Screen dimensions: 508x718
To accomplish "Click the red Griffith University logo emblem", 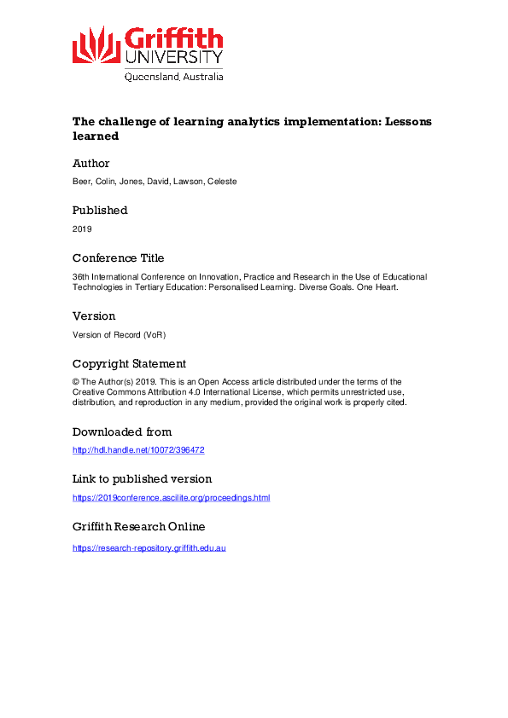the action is pos(95,44).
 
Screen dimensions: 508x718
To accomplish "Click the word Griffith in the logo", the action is pos(173,39).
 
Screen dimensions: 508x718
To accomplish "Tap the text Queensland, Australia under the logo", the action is pos(173,76).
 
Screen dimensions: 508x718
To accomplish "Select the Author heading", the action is pos(91,163).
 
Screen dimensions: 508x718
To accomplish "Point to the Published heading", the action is pos(100,210).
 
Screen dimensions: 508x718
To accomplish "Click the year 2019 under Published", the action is pos(82,229).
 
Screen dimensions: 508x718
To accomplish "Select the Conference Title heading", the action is pos(118,258).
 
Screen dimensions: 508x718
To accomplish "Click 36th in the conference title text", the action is pos(82,277).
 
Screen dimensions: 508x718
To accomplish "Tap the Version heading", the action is pos(93,316).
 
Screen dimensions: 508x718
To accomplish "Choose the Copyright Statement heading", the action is pos(129,363).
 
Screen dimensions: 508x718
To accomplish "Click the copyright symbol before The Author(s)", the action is pos(76,383).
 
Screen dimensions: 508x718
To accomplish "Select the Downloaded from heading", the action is pos(121,431).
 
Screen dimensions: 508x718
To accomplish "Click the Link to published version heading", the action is pos(142,478).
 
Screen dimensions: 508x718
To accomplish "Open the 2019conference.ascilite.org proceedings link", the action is pos(171,498).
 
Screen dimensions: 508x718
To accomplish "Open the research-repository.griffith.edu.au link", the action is pos(149,547).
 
